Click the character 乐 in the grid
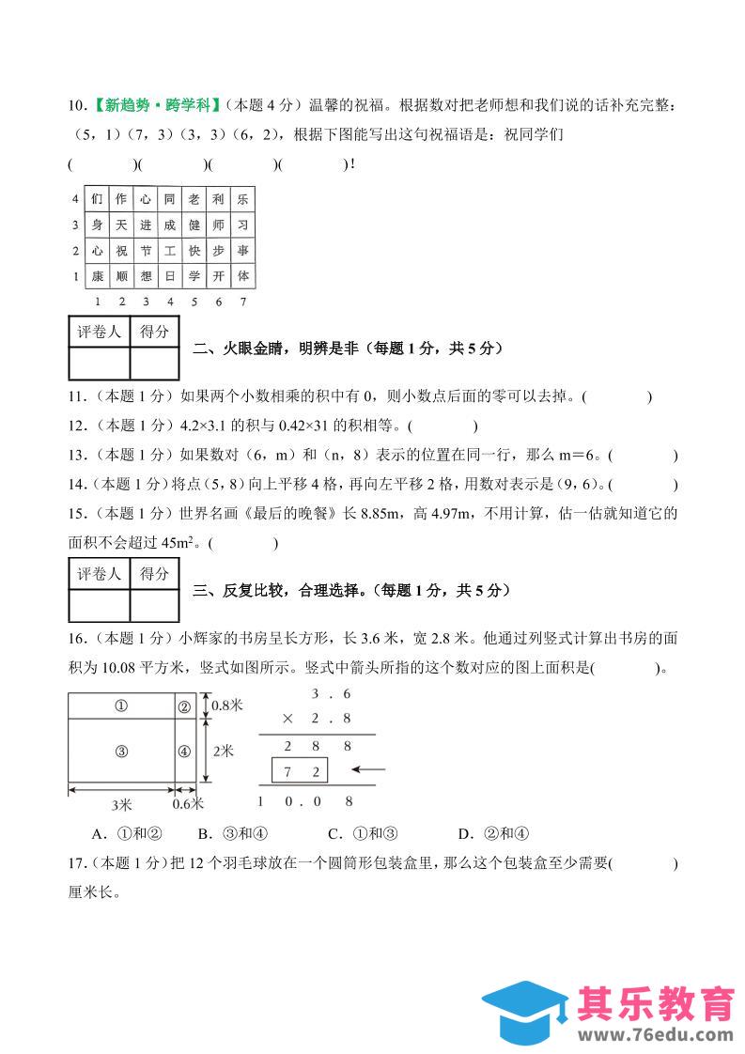tap(242, 199)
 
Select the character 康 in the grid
tap(97, 277)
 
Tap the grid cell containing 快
tap(194, 252)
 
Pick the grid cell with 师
tap(218, 225)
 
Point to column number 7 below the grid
tap(242, 302)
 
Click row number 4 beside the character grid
tap(75, 199)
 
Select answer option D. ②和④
tap(494, 832)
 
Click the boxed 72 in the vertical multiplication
tap(299, 772)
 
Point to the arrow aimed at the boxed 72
tap(371, 771)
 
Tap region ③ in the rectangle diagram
tap(121, 751)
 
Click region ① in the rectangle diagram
tap(121, 706)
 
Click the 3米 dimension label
tap(121, 805)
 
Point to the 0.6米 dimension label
tap(189, 805)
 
